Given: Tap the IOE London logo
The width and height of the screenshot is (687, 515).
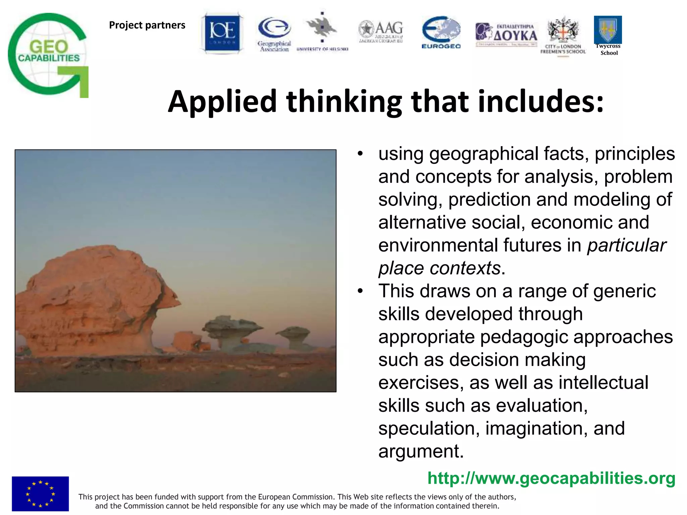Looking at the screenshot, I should [222, 33].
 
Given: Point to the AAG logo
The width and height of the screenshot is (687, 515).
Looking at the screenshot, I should [381, 32].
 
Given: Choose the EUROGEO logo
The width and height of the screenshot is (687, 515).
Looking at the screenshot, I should [441, 32].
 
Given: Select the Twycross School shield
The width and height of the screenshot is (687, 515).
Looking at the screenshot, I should [607, 30].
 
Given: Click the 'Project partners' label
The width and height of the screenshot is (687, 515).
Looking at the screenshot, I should [147, 25].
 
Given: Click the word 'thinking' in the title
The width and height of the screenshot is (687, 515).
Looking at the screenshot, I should [344, 101].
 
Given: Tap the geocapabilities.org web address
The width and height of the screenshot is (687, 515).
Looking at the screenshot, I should [551, 478].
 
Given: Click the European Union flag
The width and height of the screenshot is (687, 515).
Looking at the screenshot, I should [40, 494].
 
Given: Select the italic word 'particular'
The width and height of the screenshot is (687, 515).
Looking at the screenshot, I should [626, 245].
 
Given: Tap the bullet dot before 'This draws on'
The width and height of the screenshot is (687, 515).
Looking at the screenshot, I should [360, 291].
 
